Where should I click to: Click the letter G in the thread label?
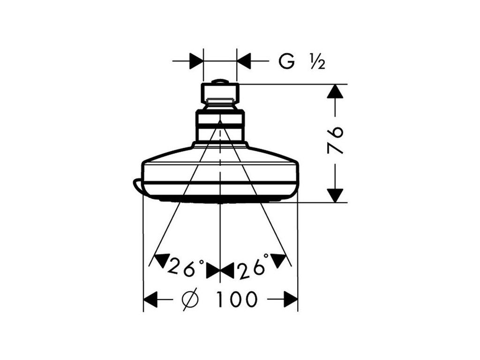tap(287, 61)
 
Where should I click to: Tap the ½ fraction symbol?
tap(317, 61)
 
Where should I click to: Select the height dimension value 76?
tap(336, 140)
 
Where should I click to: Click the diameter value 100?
tap(237, 299)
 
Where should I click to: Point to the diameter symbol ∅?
tap(190, 299)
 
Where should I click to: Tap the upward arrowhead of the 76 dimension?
tap(335, 91)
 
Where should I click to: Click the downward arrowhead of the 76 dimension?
tap(335, 195)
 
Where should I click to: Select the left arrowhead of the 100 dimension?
tap(150, 299)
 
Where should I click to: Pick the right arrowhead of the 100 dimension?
tap(291, 299)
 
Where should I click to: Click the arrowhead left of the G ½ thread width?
tap(196, 61)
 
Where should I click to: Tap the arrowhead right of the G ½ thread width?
tap(244, 61)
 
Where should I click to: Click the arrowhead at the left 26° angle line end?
tap(160, 259)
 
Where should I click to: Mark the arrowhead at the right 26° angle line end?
tap(279, 259)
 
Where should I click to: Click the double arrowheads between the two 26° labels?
tap(220, 270)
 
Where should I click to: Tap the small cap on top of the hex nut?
tap(220, 82)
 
